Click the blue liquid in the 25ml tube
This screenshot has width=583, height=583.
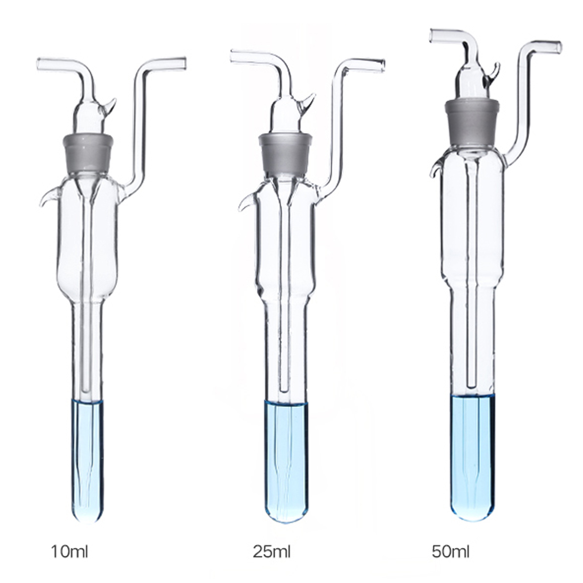[x=285, y=455]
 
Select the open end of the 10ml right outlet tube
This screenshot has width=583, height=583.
[x=184, y=62]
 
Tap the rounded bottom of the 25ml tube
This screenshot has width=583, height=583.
[x=285, y=508]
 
